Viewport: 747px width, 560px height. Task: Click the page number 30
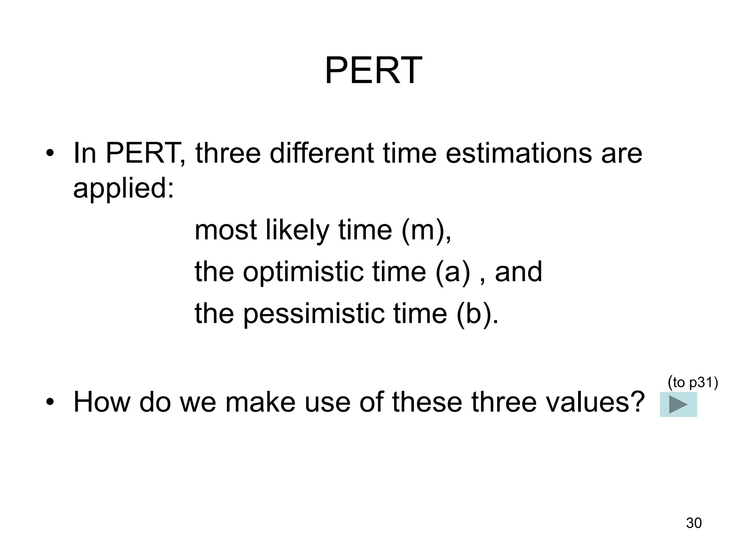694,523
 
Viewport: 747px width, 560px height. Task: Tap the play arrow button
678,405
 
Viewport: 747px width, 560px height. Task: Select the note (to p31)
693,382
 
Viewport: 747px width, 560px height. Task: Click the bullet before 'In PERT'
50,153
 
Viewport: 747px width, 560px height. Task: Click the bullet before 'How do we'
50,402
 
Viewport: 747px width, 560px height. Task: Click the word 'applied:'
124,189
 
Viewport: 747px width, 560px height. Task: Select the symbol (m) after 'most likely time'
423,230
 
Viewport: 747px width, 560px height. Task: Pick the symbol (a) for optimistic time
452,272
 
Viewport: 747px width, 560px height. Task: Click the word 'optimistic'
303,272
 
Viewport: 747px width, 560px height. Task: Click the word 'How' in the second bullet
102,402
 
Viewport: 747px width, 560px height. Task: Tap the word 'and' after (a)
518,272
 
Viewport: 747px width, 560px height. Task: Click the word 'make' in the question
260,402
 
